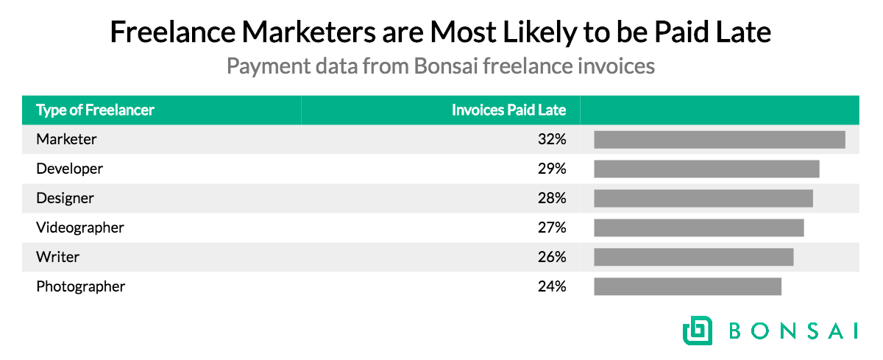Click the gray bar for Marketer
[x=719, y=139]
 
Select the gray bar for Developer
[x=706, y=169]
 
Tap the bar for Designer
[x=703, y=198]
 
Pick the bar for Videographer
[x=698, y=227]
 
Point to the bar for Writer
[x=693, y=257]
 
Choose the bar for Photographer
[x=687, y=286]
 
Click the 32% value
[x=551, y=139]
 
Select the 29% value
[x=551, y=169]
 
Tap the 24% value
[x=551, y=286]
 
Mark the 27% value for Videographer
[x=551, y=227]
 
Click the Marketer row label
[x=66, y=139]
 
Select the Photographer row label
[x=81, y=286]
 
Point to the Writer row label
[x=57, y=257]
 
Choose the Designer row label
[x=65, y=198]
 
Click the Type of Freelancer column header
[x=96, y=110]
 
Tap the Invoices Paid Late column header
[x=508, y=110]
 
